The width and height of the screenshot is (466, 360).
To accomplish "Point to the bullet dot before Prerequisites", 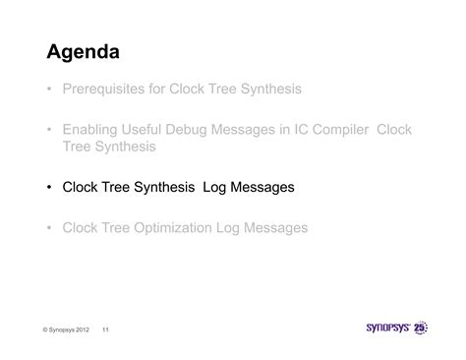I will [48, 90].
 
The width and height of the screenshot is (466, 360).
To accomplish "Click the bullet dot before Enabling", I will [48, 130].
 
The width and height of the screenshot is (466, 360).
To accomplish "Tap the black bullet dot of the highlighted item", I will [48, 187].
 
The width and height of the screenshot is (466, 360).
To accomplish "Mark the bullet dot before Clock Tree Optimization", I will [48, 228].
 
